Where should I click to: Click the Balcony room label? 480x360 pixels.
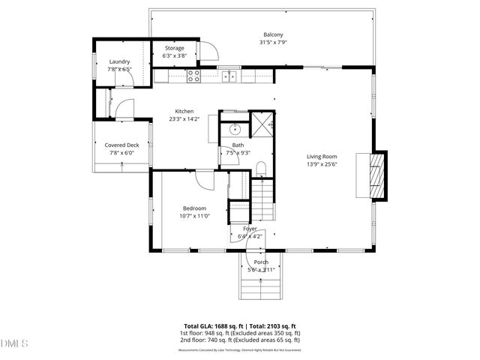[272, 35]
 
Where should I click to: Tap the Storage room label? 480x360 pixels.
[174, 48]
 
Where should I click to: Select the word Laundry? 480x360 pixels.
[119, 61]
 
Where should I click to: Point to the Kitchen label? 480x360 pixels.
[184, 111]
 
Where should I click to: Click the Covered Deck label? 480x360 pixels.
[121, 145]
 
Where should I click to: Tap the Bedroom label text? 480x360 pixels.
[194, 208]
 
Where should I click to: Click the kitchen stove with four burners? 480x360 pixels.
[193, 75]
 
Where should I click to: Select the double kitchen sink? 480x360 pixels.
[229, 76]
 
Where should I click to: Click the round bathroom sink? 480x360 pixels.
[233, 127]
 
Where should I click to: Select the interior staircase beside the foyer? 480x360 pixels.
[263, 200]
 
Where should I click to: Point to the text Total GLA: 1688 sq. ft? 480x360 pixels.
[212, 327]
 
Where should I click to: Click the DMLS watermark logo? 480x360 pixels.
[14, 343]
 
